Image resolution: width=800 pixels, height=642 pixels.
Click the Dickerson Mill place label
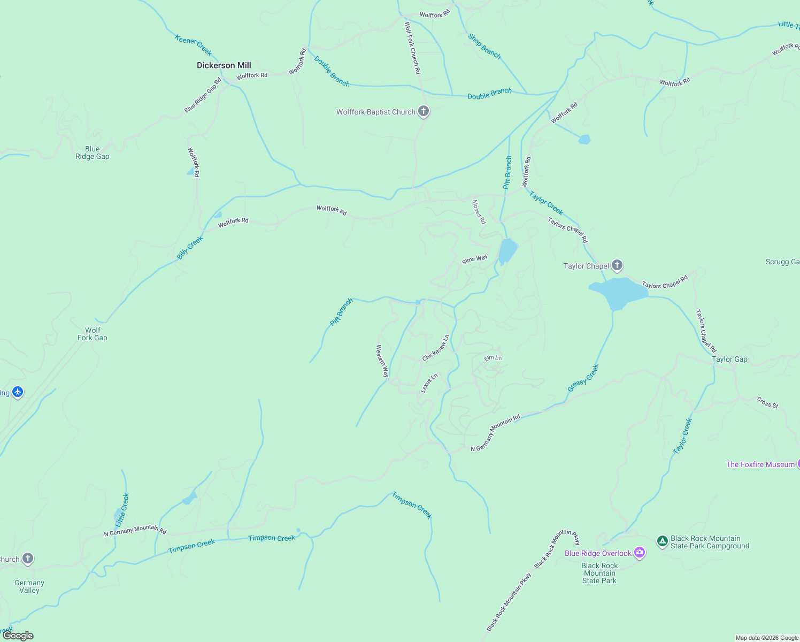click(x=224, y=65)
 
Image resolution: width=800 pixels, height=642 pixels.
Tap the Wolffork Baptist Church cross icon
click(x=424, y=111)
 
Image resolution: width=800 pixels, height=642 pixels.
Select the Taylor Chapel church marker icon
click(x=617, y=265)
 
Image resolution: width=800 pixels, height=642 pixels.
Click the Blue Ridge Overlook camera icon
click(x=639, y=553)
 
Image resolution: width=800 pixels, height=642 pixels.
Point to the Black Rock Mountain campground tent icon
click(x=662, y=541)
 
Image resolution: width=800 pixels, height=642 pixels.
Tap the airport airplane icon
click(x=18, y=392)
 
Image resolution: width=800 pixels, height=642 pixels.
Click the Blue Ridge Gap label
click(x=93, y=153)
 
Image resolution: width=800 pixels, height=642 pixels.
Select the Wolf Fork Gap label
click(x=93, y=334)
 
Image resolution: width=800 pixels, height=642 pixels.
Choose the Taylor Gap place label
click(x=729, y=360)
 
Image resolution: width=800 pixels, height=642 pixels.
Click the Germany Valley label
click(x=29, y=586)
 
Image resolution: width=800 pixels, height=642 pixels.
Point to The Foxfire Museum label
click(x=760, y=464)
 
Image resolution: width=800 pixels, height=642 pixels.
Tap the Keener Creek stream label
click(x=193, y=45)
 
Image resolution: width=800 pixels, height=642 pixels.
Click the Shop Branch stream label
click(x=484, y=46)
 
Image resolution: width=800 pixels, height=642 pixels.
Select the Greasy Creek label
click(x=583, y=378)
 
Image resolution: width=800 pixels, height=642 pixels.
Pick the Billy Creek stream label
click(x=190, y=248)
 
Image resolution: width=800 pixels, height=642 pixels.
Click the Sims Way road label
click(x=475, y=259)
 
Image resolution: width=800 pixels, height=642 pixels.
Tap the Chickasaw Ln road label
click(x=436, y=348)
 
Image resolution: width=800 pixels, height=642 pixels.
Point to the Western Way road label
click(x=382, y=361)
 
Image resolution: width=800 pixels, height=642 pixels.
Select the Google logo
click(x=18, y=636)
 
